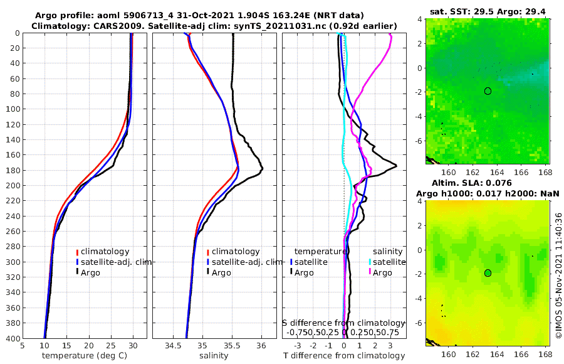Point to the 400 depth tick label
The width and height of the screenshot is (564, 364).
click(11, 338)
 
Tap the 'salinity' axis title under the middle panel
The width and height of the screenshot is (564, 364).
click(214, 356)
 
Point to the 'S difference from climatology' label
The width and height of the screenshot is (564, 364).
click(344, 323)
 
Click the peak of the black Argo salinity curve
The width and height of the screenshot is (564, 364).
click(262, 168)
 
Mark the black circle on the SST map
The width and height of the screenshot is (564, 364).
click(488, 91)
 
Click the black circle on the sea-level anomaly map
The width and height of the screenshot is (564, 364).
click(488, 273)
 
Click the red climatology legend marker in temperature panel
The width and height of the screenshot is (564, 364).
click(78, 251)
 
